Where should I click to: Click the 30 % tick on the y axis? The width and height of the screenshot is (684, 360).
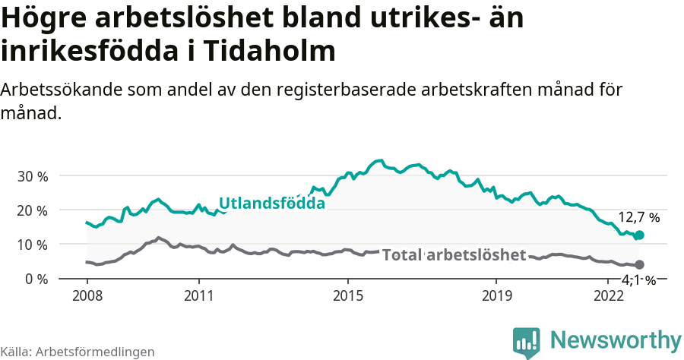pyautogui.click(x=32, y=176)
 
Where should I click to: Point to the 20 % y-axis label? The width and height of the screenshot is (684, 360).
pyautogui.click(x=32, y=210)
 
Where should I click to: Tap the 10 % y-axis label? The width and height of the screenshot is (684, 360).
pyautogui.click(x=32, y=245)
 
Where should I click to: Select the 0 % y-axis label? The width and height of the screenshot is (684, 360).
pyautogui.click(x=35, y=279)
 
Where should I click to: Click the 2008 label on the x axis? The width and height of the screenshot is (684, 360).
pyautogui.click(x=87, y=295)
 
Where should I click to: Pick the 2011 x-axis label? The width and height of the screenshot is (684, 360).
pyautogui.click(x=199, y=295)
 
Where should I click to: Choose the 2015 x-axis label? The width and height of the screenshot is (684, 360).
pyautogui.click(x=348, y=295)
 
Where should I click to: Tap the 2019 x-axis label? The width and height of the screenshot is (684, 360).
pyautogui.click(x=496, y=295)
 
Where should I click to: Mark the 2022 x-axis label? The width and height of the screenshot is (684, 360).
pyautogui.click(x=608, y=295)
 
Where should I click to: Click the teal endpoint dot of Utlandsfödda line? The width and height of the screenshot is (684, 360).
pyautogui.click(x=639, y=235)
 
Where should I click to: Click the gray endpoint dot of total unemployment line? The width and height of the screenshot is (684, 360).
pyautogui.click(x=639, y=264)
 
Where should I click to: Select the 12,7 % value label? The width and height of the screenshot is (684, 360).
pyautogui.click(x=638, y=217)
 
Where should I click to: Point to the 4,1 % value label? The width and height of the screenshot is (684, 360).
pyautogui.click(x=638, y=280)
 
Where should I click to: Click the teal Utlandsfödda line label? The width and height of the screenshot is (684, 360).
pyautogui.click(x=271, y=204)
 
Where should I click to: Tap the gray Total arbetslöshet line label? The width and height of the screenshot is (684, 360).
pyautogui.click(x=454, y=254)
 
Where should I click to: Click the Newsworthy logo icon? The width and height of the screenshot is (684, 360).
pyautogui.click(x=526, y=343)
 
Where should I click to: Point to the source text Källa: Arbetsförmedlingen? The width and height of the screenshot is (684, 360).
pyautogui.click(x=78, y=352)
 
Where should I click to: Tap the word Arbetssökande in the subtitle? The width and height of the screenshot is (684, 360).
pyautogui.click(x=57, y=90)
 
